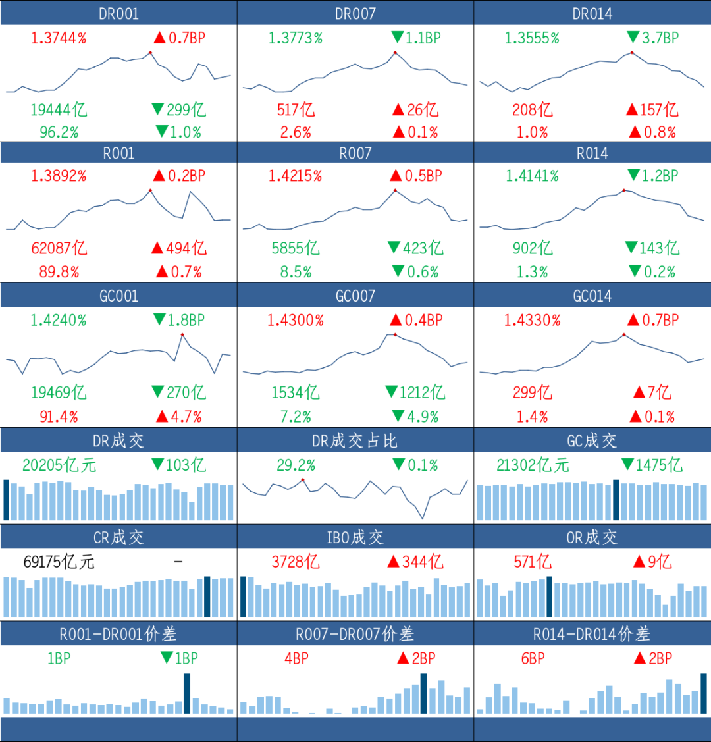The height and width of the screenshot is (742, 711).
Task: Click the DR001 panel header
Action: (x=118, y=14)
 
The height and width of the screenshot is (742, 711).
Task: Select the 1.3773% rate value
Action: (x=296, y=38)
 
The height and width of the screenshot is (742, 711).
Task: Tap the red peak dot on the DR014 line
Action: (x=631, y=53)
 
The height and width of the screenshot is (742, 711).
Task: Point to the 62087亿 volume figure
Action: (x=59, y=248)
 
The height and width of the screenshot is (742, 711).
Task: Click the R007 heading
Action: (x=355, y=153)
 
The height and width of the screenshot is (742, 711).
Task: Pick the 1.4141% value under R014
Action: (x=532, y=176)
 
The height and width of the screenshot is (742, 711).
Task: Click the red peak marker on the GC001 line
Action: (x=182, y=335)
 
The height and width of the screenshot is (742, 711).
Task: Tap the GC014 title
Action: (x=592, y=296)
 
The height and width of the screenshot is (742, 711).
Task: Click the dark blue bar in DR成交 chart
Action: (x=6, y=500)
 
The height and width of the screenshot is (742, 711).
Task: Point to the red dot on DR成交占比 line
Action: (x=303, y=481)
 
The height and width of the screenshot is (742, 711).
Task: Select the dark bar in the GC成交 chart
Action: (x=616, y=500)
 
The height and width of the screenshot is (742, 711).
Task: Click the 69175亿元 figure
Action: (x=59, y=562)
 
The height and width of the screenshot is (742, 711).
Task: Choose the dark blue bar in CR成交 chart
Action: (x=207, y=596)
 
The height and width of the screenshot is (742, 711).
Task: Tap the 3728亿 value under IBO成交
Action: (x=296, y=562)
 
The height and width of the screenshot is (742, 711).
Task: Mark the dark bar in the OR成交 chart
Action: (x=549, y=596)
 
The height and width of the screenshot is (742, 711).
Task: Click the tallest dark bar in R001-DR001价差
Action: (x=187, y=693)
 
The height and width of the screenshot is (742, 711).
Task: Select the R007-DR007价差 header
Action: (x=355, y=634)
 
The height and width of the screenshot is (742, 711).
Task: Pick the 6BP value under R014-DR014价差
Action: (x=533, y=658)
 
